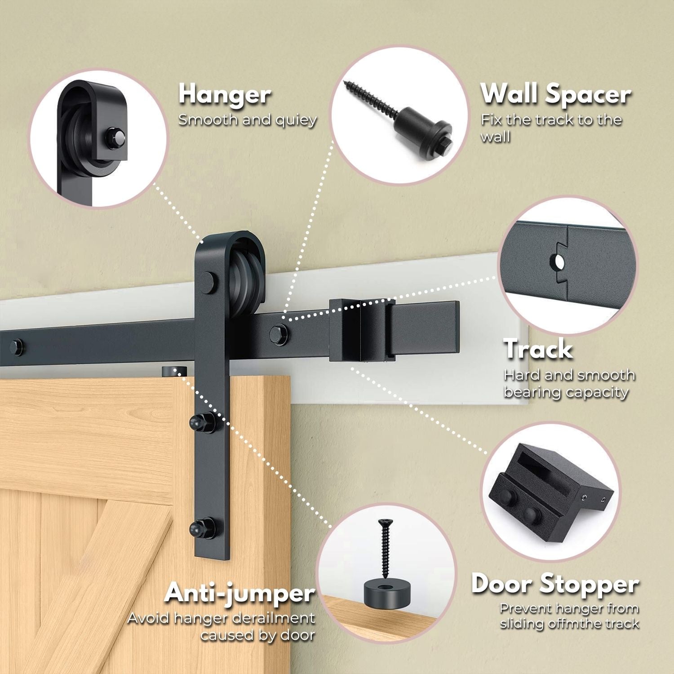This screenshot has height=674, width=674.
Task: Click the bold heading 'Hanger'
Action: pyautogui.click(x=225, y=95)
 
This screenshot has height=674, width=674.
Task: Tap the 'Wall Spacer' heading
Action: pyautogui.click(x=556, y=94)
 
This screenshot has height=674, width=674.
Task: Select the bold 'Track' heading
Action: pyautogui.click(x=538, y=349)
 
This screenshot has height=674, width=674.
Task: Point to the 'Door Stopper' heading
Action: pyautogui.click(x=555, y=584)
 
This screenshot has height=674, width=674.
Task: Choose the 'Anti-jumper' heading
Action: pyautogui.click(x=239, y=593)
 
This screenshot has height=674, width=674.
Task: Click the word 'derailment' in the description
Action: pyautogui.click(x=273, y=618)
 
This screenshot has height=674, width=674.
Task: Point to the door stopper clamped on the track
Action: pyautogui.click(x=362, y=330)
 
